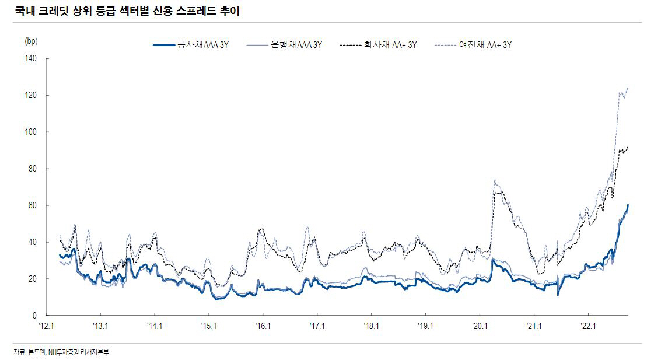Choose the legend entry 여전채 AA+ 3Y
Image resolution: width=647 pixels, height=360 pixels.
point(485,44)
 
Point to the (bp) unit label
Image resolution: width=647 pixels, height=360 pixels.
point(30,41)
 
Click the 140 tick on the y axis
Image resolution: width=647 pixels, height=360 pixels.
point(30,58)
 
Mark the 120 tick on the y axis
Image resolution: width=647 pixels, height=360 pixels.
point(30,95)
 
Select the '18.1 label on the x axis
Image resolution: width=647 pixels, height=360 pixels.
point(371,327)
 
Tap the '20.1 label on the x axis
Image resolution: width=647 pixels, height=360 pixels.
point(480,327)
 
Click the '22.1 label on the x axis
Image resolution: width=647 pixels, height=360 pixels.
point(588,327)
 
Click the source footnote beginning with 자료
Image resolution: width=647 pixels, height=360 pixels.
point(61,352)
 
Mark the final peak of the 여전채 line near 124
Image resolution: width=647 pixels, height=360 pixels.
point(628,88)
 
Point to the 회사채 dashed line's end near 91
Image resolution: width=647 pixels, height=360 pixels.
point(628,148)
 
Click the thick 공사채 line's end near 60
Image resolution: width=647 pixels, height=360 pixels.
point(628,205)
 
